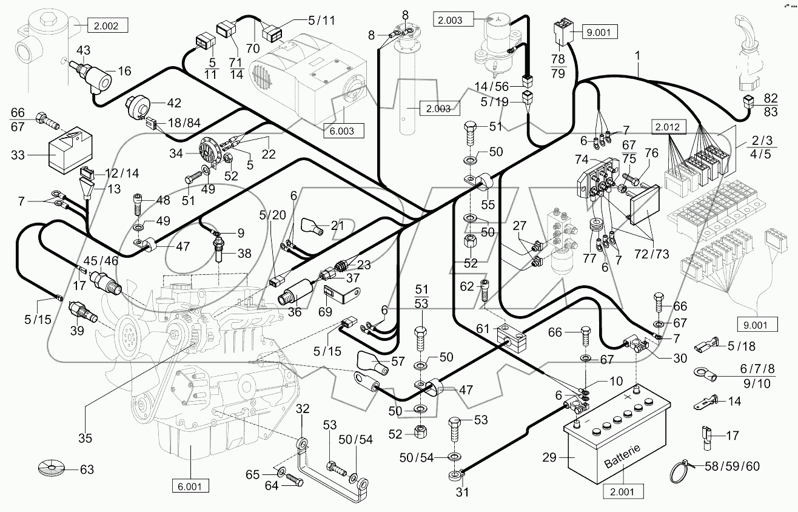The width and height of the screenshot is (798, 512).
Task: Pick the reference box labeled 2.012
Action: click(x=669, y=127)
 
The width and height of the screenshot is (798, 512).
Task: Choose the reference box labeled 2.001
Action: click(x=625, y=492)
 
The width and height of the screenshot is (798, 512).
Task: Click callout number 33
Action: click(x=18, y=155)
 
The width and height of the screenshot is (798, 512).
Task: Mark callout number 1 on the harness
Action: click(x=637, y=56)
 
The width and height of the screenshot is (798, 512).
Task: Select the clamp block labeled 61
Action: click(x=511, y=335)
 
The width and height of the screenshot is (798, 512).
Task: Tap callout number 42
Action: click(x=175, y=103)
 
